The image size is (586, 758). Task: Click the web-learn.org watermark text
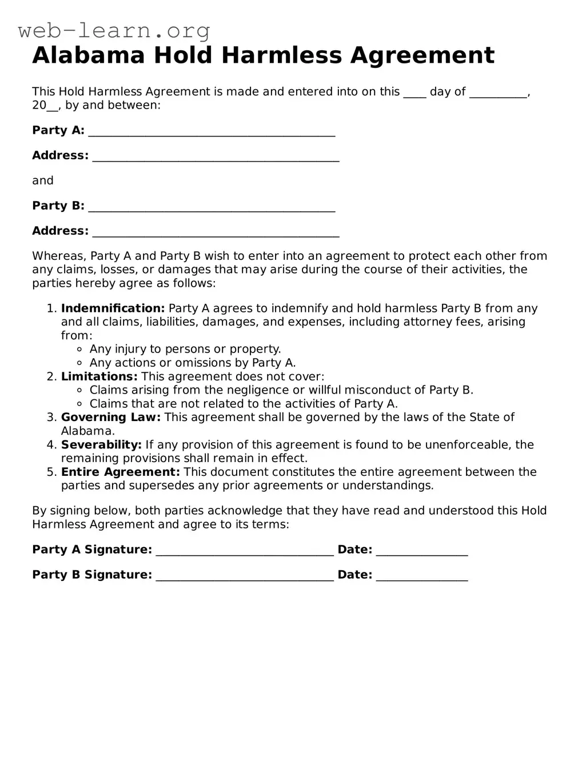(114, 30)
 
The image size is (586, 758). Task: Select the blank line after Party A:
(212, 131)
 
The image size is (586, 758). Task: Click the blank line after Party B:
(212, 207)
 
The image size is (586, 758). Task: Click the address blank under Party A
(216, 157)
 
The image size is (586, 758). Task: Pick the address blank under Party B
(216, 232)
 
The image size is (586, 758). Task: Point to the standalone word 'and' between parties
(43, 181)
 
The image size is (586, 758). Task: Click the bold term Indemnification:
(113, 308)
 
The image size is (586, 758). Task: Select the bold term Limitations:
(99, 376)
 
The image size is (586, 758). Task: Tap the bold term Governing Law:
(111, 418)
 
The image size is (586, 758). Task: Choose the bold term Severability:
(101, 445)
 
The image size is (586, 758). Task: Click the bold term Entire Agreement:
(120, 472)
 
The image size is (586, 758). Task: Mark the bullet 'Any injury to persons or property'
(185, 349)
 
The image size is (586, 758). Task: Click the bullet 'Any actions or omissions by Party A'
(192, 363)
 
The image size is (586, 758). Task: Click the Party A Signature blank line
(244, 551)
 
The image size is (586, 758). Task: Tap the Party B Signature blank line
(244, 576)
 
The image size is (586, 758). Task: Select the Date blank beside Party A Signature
(422, 551)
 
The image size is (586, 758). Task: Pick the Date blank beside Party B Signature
(422, 576)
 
